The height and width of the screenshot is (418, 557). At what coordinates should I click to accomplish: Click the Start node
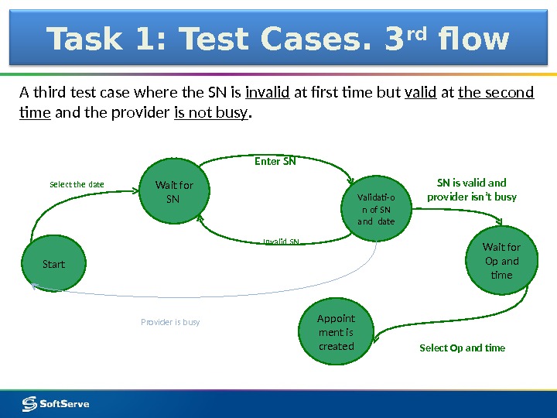[x=53, y=264]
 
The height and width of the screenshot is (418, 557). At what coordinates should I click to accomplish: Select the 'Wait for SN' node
[x=174, y=192]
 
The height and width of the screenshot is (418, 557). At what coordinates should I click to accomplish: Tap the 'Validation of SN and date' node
[x=376, y=209]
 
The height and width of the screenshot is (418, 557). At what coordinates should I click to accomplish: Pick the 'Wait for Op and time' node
[x=501, y=261]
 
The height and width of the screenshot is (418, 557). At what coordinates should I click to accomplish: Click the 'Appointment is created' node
[x=336, y=332]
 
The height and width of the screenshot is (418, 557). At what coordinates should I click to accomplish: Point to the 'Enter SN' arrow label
[x=275, y=162]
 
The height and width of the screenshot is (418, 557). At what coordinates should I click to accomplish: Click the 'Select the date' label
[x=77, y=184]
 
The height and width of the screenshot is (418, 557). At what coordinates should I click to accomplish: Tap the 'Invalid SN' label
[x=281, y=242]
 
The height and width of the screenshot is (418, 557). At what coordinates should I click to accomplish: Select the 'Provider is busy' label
[x=170, y=321]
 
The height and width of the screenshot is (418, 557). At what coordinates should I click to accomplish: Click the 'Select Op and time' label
[x=462, y=348]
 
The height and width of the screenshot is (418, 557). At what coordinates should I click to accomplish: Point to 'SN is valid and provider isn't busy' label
[x=471, y=190]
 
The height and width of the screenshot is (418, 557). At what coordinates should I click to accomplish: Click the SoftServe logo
[x=56, y=403]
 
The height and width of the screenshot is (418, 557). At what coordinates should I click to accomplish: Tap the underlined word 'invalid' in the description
[x=267, y=94]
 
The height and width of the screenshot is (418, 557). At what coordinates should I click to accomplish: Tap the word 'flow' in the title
[x=473, y=39]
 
